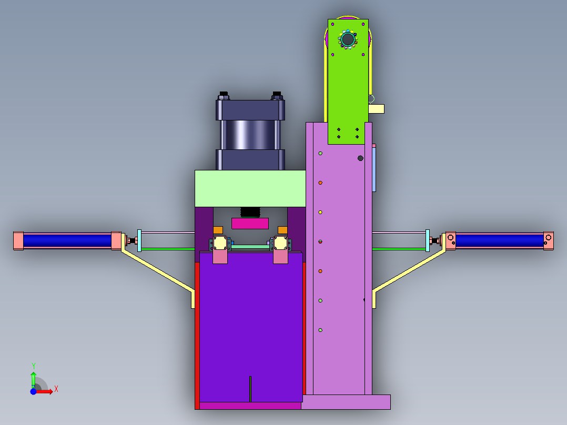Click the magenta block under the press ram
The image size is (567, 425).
click(250, 223)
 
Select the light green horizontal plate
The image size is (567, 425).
click(250, 188)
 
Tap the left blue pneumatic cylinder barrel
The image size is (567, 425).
click(67, 240)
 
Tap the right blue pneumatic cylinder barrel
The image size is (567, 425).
click(500, 240)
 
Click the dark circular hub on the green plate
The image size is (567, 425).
click(348, 39)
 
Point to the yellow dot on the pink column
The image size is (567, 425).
click(320, 212)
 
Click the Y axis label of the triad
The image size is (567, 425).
click(34, 366)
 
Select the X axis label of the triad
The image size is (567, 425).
click(56, 389)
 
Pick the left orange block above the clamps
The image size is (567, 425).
click(218, 230)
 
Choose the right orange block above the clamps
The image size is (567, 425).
click(282, 230)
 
